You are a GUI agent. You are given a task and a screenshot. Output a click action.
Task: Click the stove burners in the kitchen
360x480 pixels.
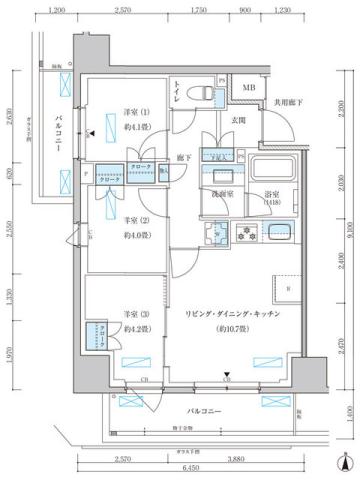[244, 236]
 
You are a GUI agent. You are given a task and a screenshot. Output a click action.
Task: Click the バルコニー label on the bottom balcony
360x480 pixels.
[207, 411]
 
